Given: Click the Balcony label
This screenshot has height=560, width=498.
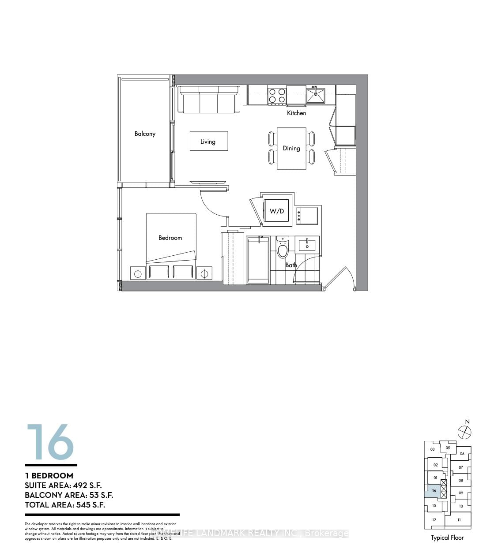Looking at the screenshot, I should tap(145, 134).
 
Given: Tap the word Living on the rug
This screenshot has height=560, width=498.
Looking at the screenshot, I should tap(208, 142).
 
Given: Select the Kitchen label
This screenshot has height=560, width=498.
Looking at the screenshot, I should tap(296, 113).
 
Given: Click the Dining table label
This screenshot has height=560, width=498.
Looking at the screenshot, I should tap(291, 148).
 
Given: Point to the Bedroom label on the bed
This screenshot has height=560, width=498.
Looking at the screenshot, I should tap(170, 238).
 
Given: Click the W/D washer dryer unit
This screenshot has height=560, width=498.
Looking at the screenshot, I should tap(277, 211).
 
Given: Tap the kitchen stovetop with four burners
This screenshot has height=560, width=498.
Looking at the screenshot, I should tap(277, 96).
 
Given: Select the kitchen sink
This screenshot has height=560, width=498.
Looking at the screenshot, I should tap(316, 95).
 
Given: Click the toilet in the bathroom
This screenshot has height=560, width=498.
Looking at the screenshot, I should tap(283, 250).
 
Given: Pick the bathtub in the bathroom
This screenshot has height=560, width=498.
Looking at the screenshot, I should tap(258, 260).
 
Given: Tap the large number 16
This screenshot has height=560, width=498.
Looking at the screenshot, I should tap(50, 442).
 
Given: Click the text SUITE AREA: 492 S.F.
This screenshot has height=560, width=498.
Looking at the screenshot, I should tap(63, 485).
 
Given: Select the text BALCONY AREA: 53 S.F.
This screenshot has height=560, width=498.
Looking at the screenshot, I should tap(69, 495).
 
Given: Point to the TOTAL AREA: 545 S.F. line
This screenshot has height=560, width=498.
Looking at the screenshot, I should tap(65, 505).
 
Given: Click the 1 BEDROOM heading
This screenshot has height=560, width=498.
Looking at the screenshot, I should tap(49, 475).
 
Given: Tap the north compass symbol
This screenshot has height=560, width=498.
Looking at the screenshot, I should tap(464, 432).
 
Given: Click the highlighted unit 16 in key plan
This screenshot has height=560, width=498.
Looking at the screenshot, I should tap(433, 491).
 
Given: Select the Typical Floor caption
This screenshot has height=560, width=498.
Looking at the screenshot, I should tap(447, 538).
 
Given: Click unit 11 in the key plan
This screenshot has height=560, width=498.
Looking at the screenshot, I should tap(459, 520).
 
